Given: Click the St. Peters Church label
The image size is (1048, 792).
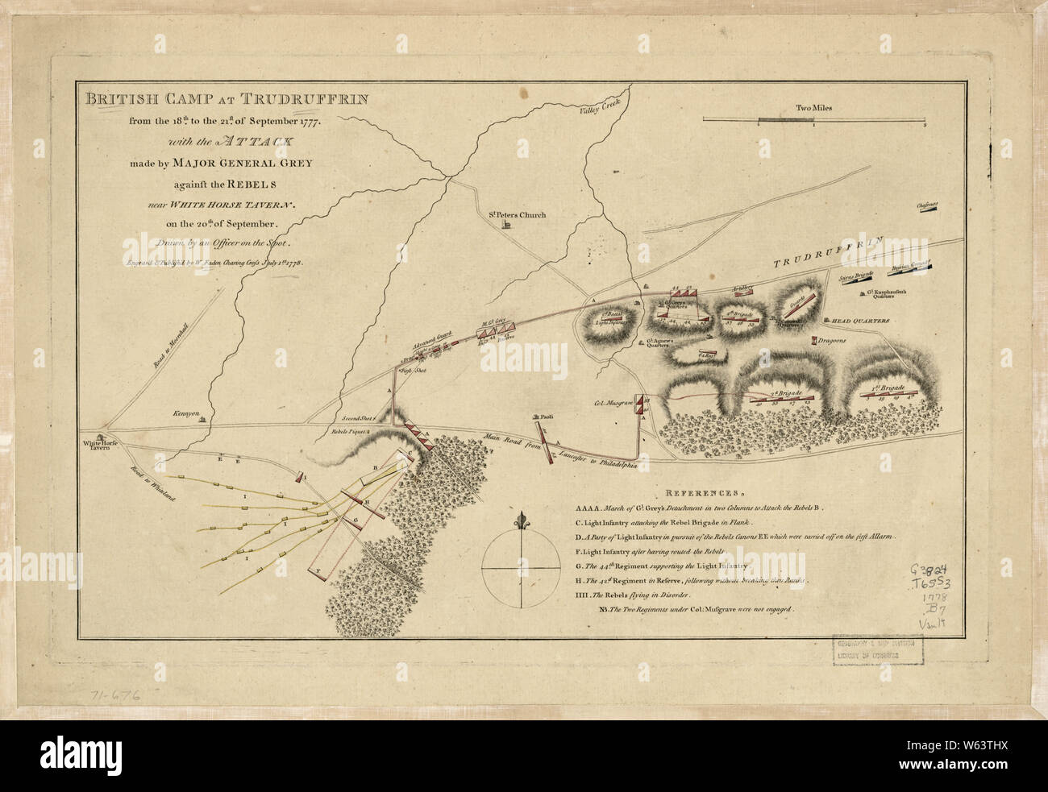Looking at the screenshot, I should pyautogui.click(x=517, y=215).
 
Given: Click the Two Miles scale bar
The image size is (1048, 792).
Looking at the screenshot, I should pyautogui.click(x=813, y=120).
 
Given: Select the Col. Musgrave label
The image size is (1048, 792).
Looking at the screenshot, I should pyautogui.click(x=614, y=400).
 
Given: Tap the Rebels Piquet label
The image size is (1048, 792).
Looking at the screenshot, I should pyautogui.click(x=351, y=433).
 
